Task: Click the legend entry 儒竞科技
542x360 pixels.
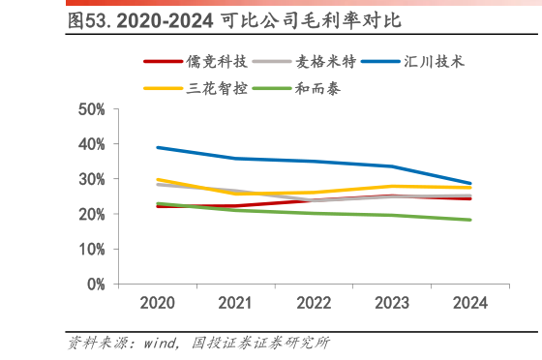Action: pos(215,62)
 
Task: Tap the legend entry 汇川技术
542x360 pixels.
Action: pos(434,62)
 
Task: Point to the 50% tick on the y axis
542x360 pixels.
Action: pos(92,109)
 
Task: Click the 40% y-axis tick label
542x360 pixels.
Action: pos(92,144)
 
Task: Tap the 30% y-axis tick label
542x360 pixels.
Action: pos(92,179)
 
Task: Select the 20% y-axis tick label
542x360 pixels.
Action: pos(92,214)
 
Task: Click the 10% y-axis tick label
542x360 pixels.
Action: pos(92,250)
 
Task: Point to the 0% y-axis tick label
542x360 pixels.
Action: pos(96,285)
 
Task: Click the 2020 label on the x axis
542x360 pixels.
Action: pos(157,303)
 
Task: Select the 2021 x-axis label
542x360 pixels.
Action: pos(235,303)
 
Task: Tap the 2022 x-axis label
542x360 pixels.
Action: pos(314,303)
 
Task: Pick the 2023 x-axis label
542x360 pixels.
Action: pos(392,303)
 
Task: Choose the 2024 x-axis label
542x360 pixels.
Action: pos(470,303)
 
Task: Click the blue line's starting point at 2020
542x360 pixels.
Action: pos(157,148)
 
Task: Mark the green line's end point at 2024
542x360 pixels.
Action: pos(470,220)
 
